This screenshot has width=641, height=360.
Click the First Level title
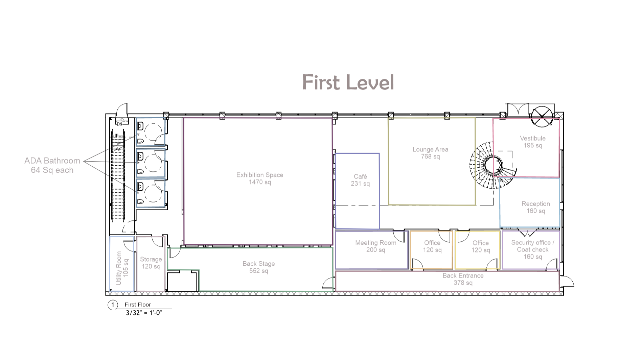348,82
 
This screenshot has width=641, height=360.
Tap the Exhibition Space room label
260,178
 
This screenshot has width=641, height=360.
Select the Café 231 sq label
360,180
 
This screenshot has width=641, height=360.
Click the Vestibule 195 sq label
533,142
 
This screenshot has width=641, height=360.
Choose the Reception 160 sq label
536,207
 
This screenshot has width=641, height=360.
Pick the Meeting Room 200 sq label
375,246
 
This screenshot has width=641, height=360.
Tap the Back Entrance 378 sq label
463,279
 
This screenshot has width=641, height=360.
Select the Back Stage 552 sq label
259,267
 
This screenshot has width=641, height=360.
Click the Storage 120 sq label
151,263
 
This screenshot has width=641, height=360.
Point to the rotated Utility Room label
122,268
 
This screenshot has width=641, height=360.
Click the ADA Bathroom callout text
52,165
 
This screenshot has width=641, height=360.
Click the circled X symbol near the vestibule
542,117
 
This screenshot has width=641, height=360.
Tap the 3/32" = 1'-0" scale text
144,313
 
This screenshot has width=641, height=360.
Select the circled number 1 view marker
113,305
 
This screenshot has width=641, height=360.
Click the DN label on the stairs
120,124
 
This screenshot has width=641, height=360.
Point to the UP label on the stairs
116,136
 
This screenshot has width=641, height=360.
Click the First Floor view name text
138,305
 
